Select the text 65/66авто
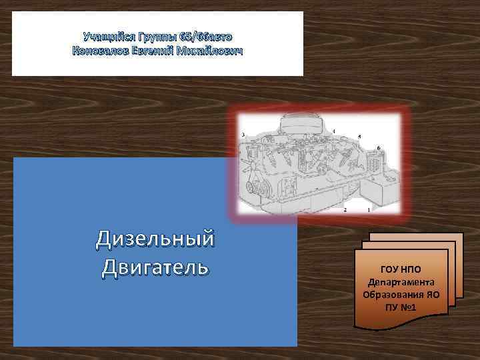[206, 35]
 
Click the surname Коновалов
[101, 51]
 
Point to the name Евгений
[155, 51]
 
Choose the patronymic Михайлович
[211, 51]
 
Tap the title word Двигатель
[155, 267]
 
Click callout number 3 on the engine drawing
[243, 135]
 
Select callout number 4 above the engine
[334, 129]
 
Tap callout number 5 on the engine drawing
[360, 137]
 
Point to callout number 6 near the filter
[379, 147]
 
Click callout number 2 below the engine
[345, 209]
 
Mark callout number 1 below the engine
[369, 209]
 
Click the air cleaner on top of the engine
[301, 125]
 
